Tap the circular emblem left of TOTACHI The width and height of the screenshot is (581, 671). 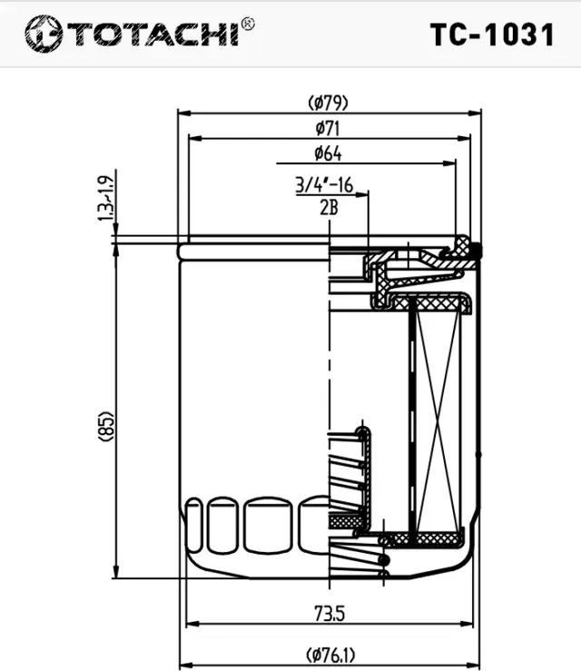(x=43, y=35)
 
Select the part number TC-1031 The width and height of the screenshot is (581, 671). (x=491, y=35)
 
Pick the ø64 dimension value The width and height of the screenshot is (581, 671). (x=328, y=153)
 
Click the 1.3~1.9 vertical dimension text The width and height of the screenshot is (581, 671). (x=106, y=197)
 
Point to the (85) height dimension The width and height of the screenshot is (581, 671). (x=106, y=426)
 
